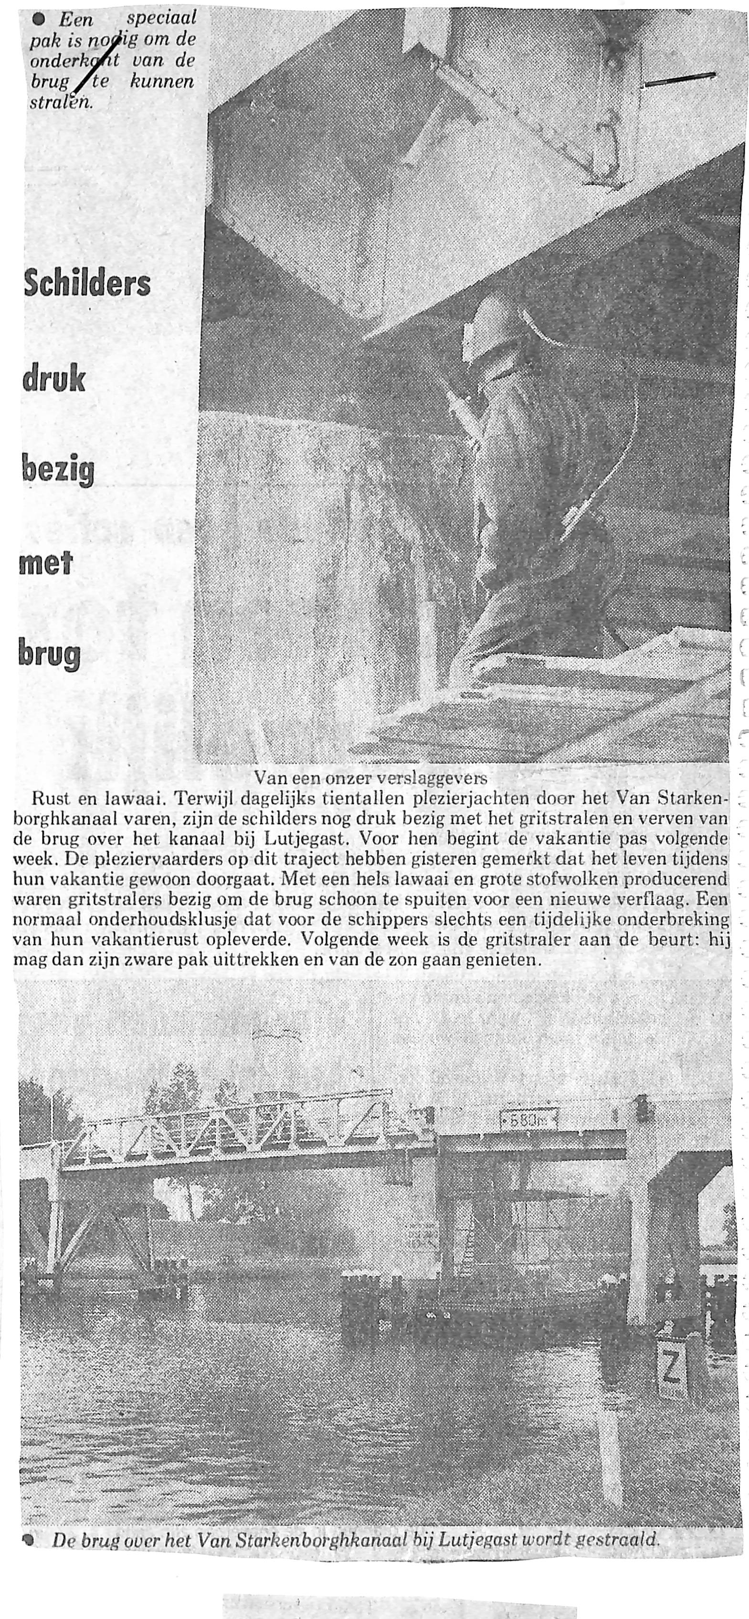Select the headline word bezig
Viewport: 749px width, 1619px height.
click(58, 471)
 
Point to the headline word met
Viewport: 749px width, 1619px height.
click(47, 561)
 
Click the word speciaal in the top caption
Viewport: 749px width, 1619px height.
click(161, 18)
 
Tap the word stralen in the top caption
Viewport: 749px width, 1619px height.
click(61, 101)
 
